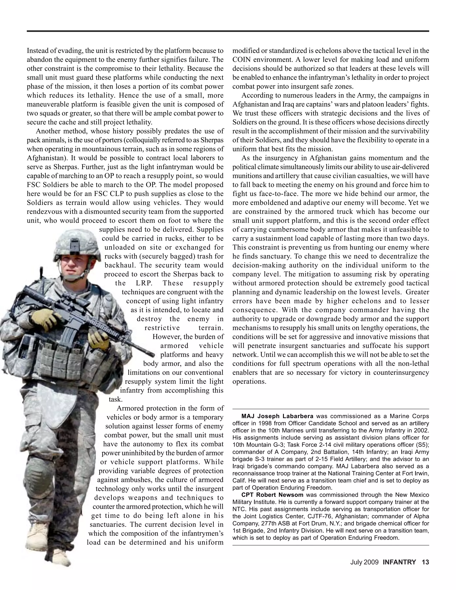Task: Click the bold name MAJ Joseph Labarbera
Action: (277, 416)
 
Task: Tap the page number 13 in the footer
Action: (425, 562)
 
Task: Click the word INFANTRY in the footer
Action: (399, 562)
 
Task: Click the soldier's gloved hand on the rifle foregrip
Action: (99, 339)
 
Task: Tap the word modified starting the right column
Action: (244, 51)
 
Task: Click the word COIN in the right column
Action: (241, 59)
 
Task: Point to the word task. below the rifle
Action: (116, 399)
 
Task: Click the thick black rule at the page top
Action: (228, 31)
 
